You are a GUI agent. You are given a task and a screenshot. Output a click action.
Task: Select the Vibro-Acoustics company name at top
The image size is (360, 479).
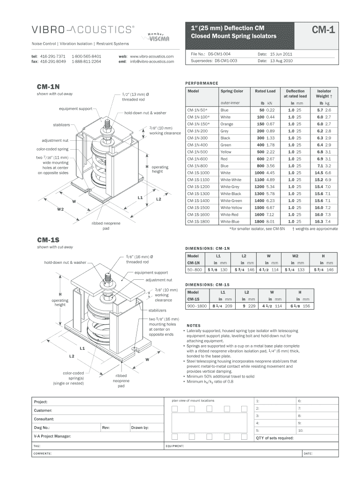point(82,30)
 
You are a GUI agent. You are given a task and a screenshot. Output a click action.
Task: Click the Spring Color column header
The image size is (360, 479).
point(232,91)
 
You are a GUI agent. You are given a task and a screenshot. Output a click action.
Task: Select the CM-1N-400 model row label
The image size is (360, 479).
point(197,145)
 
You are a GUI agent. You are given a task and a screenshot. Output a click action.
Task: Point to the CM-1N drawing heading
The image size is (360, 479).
point(48,87)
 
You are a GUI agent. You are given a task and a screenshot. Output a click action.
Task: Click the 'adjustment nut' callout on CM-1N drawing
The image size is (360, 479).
point(55,140)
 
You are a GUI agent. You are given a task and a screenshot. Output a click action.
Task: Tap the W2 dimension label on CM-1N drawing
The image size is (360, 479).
point(60,209)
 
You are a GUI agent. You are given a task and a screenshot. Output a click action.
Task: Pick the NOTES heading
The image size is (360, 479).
point(194,326)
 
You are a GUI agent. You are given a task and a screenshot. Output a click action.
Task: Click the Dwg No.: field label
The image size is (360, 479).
point(42,428)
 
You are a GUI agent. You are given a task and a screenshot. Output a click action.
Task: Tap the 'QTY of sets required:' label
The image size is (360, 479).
point(274,438)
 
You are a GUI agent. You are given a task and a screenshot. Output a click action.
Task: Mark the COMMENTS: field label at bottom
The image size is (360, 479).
point(42,454)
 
